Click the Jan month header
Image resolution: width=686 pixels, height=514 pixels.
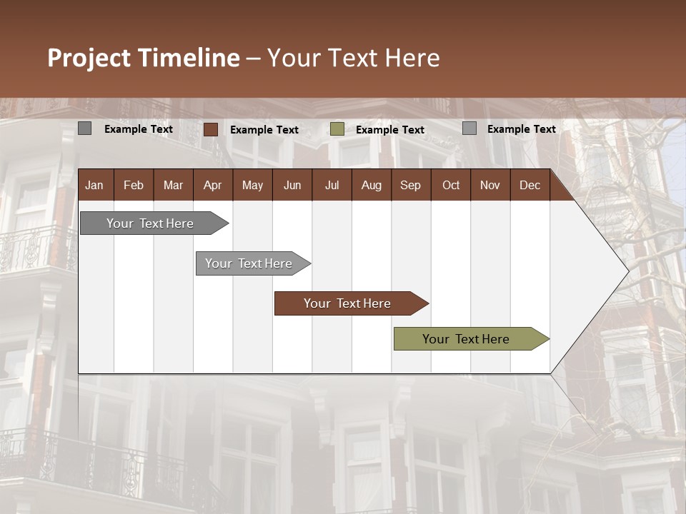click(94, 186)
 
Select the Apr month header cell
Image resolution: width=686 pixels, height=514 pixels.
click(212, 186)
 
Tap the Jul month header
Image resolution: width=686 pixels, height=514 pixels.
click(332, 186)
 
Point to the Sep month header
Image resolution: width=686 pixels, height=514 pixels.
click(410, 186)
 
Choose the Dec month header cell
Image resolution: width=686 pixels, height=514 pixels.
click(530, 186)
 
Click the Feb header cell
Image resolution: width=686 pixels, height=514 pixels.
click(134, 186)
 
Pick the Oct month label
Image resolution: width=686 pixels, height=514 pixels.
click(451, 186)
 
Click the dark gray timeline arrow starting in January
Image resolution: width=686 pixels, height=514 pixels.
click(151, 223)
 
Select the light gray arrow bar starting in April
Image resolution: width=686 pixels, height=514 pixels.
click(249, 263)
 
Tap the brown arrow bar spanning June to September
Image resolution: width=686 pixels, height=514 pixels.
click(347, 303)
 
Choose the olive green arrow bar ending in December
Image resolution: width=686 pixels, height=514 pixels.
click(467, 339)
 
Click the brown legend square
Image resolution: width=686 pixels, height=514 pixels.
click(211, 129)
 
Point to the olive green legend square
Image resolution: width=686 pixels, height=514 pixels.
click(337, 129)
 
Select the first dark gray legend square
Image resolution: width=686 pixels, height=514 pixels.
click(85, 128)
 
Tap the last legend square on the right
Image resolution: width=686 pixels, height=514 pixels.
click(469, 128)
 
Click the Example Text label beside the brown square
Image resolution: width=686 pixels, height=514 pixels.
click(264, 130)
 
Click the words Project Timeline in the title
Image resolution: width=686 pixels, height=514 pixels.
click(144, 58)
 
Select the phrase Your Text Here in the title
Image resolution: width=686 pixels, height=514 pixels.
click(354, 58)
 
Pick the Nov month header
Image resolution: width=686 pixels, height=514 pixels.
click(490, 186)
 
